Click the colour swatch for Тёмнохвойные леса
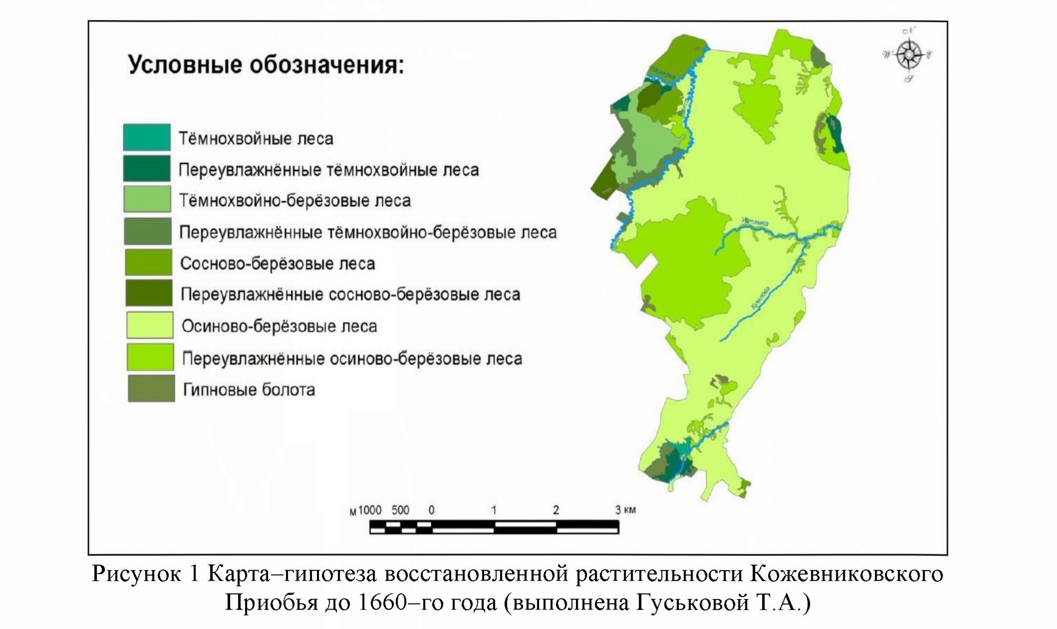click(147, 138)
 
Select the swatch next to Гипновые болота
click(151, 389)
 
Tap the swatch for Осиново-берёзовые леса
click(150, 325)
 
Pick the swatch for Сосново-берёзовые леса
click(148, 262)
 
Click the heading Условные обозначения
click(265, 65)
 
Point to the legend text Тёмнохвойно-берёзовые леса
click(294, 201)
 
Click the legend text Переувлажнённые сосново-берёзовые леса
click(350, 294)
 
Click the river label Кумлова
click(761, 298)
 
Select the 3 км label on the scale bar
click(625, 510)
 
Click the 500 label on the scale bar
click(400, 510)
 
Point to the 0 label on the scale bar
click(431, 510)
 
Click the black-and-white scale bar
click(494, 527)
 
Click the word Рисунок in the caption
click(136, 574)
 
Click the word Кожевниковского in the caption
click(846, 574)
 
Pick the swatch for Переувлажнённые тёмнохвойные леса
click(147, 169)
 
